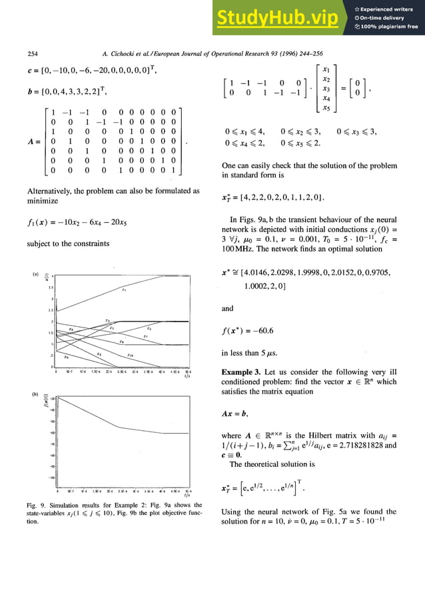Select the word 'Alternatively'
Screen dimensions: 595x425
[51, 191]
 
